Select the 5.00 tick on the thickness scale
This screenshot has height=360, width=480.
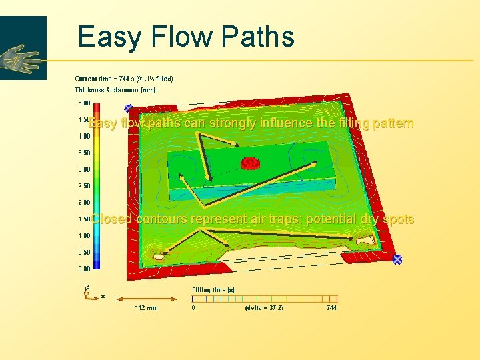(85, 103)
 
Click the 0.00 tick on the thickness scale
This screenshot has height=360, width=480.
(85, 269)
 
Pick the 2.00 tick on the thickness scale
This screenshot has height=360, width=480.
(85, 203)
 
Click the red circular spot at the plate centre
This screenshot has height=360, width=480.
(250, 163)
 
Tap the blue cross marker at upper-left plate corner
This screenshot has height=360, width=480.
(129, 107)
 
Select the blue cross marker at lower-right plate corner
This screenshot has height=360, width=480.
(397, 259)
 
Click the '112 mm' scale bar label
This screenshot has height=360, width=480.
(146, 308)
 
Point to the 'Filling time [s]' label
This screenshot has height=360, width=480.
(213, 289)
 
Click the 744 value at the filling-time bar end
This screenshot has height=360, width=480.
(331, 308)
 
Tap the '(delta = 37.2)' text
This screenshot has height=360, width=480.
(264, 308)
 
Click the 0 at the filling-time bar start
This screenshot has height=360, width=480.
(193, 308)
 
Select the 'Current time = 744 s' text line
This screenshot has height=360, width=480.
(124, 79)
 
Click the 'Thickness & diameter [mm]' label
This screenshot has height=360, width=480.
(115, 90)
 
